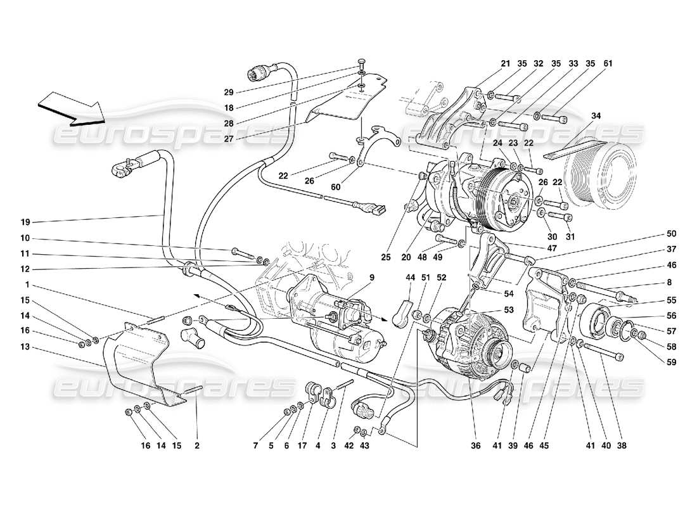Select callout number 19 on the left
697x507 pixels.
[25, 222]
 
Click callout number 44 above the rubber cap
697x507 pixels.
[410, 278]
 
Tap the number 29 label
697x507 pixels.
[229, 92]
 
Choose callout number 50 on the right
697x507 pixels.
[653, 234]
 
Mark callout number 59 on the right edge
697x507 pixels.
[653, 363]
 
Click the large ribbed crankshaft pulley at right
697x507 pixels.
[602, 181]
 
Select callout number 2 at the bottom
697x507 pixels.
[197, 446]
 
